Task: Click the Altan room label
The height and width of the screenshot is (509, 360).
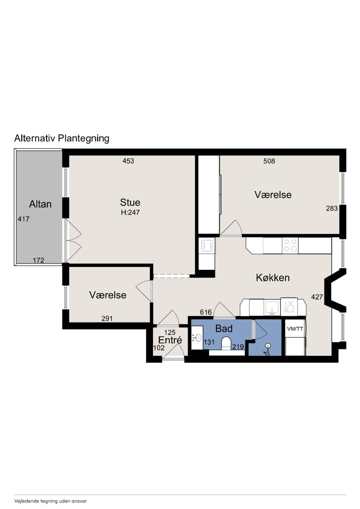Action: pos(40,204)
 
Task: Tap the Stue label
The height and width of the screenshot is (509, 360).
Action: pos(130,202)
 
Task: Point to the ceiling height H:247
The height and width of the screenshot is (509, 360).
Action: pos(130,212)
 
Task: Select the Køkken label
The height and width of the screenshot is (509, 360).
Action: pos(273,278)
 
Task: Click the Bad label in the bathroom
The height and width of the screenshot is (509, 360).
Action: pos(224,328)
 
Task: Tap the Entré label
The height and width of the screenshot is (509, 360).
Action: pos(170,340)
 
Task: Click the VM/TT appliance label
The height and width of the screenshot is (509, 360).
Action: pos(295,329)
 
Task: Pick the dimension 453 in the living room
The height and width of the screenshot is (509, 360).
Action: pos(128,161)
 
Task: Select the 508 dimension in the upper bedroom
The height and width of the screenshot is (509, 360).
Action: pos(269,161)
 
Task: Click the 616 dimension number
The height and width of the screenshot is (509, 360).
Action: pos(206,312)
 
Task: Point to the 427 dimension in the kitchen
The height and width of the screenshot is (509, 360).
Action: pos(317,297)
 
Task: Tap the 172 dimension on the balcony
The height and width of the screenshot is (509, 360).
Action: pos(38,260)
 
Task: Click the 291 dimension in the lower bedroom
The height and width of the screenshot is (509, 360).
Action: pos(107,319)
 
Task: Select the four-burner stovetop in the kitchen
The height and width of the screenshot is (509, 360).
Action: pos(290,245)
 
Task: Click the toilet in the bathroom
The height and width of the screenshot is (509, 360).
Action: pos(226,344)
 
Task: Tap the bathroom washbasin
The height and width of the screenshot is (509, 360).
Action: pos(197,338)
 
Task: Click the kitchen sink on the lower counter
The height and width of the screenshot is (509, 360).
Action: pos(272,308)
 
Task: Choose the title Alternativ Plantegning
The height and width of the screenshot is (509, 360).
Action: pos(62,138)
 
